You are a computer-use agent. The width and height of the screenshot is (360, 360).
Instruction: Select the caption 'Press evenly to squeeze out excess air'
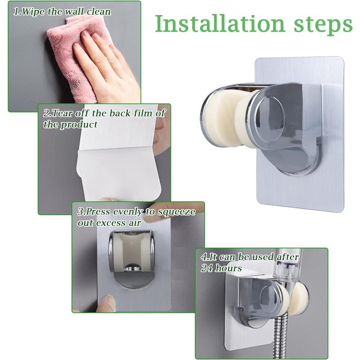click(135, 216)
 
